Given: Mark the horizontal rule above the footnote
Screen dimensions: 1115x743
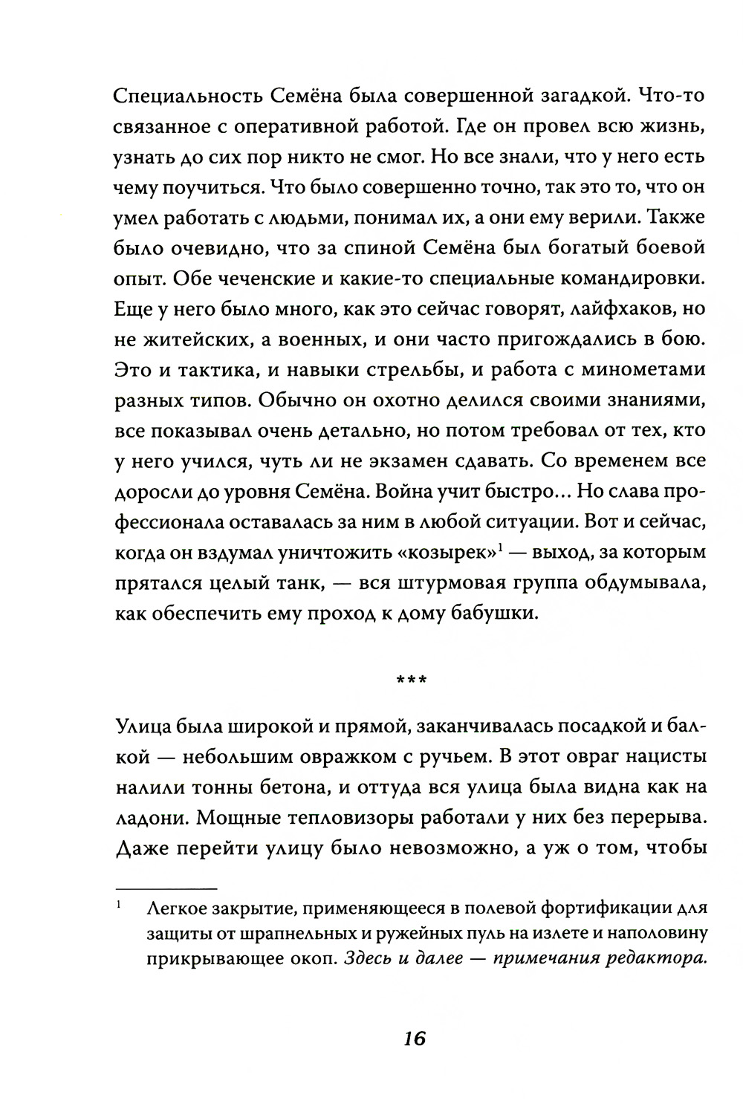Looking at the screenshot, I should tap(166, 888).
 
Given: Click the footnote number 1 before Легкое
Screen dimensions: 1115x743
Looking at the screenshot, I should tap(120, 907).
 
